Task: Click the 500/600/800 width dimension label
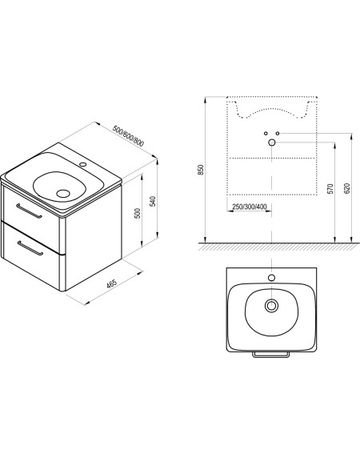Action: [x=128, y=136]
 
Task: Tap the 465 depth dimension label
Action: [x=112, y=283]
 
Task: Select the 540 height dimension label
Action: [x=153, y=201]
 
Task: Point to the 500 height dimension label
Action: [x=138, y=214]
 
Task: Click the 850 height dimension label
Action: [x=201, y=170]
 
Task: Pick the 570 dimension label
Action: [x=331, y=188]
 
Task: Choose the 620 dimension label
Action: [x=347, y=188]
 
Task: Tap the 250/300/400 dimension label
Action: [x=250, y=207]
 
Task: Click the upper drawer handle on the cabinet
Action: [x=29, y=211]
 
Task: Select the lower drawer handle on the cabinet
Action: [x=30, y=248]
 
